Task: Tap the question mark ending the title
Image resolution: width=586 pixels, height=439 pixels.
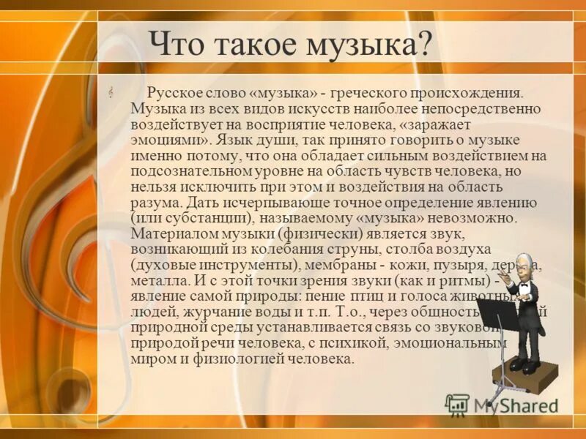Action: [423, 45]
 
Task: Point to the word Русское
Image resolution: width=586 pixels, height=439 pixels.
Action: [174, 94]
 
